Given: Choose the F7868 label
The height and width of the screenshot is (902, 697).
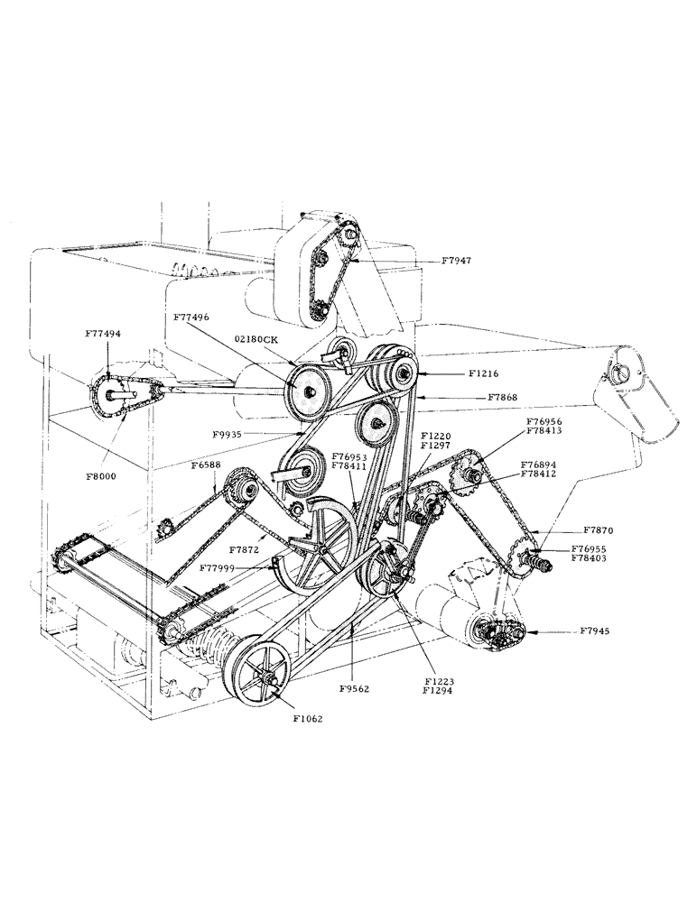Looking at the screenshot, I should click(503, 396).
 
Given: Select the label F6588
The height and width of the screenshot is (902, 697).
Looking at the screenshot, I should click(206, 465).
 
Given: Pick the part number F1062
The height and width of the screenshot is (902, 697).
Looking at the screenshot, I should click(307, 721).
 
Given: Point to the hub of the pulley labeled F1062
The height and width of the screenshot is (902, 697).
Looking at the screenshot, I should click(266, 680).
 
